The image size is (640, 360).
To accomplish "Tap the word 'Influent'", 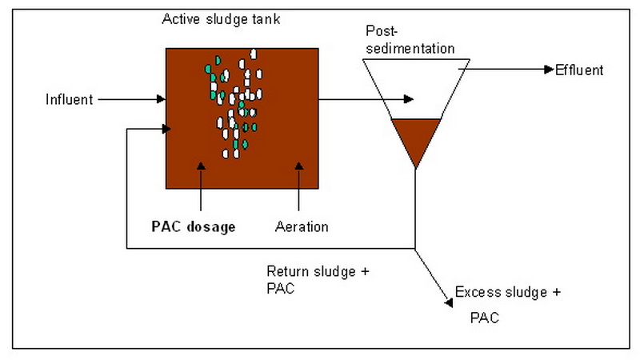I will pyautogui.click(x=70, y=100).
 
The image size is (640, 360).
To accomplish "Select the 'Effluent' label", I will pyautogui.click(x=579, y=70).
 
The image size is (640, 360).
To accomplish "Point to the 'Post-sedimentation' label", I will pyautogui.click(x=410, y=40).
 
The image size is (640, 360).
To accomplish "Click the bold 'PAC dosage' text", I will pyautogui.click(x=194, y=226).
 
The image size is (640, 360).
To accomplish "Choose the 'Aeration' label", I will pyautogui.click(x=302, y=226).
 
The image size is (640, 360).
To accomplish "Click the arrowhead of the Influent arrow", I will pyautogui.click(x=161, y=100).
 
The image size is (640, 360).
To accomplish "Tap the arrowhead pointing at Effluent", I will pyautogui.click(x=548, y=69).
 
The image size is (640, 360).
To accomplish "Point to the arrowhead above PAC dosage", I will pyautogui.click(x=201, y=166).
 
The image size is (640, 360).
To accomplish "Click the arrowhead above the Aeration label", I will pyautogui.click(x=298, y=166).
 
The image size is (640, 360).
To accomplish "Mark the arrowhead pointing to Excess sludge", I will pyautogui.click(x=446, y=301).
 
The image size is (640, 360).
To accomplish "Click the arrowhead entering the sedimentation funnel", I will pyautogui.click(x=409, y=99).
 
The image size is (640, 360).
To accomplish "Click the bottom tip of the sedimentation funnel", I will pyautogui.click(x=416, y=168).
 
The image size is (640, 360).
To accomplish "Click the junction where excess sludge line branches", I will pyautogui.click(x=416, y=249).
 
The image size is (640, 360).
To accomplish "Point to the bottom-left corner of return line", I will pyautogui.click(x=128, y=249).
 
